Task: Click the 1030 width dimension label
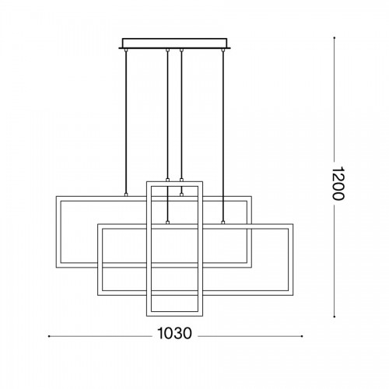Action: click(174, 333)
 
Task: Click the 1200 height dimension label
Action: click(338, 184)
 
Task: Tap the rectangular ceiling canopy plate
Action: click(174, 44)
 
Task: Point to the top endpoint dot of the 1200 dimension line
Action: click(335, 38)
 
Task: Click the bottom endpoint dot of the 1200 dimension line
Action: click(335, 317)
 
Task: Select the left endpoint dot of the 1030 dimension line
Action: click(49, 336)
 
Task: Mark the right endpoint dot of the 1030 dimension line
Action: click(302, 336)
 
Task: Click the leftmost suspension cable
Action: click(126, 122)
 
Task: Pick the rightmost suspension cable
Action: click(223, 135)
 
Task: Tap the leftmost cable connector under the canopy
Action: click(126, 50)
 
